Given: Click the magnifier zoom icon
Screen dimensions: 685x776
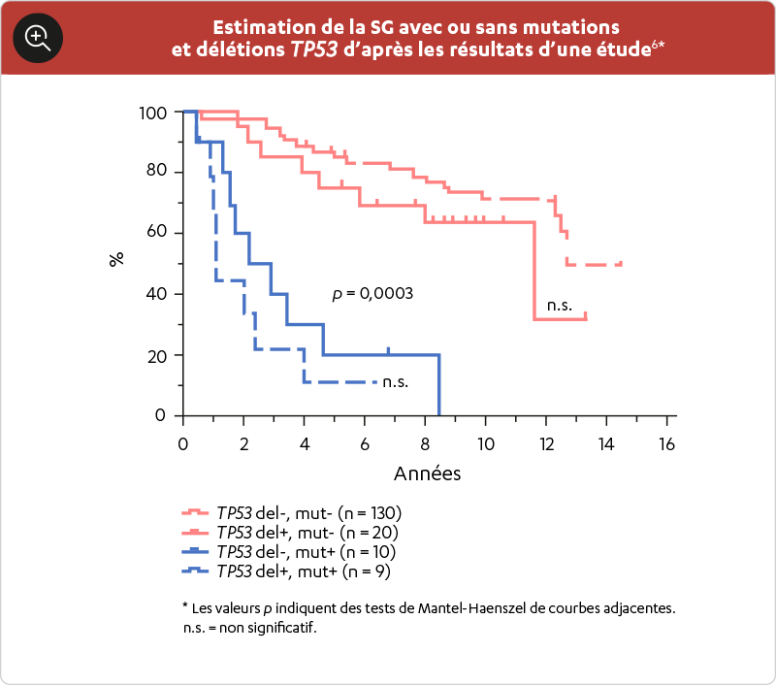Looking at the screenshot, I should click(x=38, y=38).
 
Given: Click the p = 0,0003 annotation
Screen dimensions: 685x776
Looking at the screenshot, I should click(x=373, y=293).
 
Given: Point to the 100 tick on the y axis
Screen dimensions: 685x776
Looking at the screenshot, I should click(x=153, y=113).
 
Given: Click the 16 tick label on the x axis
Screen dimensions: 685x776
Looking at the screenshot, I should click(x=667, y=444).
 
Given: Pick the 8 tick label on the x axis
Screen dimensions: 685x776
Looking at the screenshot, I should click(x=425, y=444).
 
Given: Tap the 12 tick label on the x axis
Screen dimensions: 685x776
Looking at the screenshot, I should click(x=546, y=444).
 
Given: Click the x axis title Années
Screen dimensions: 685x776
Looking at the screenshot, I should click(x=427, y=474).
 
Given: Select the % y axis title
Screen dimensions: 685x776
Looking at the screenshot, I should click(x=117, y=260).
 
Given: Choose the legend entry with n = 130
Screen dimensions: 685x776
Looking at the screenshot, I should click(x=308, y=512).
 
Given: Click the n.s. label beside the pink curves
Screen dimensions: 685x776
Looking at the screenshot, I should click(x=560, y=306).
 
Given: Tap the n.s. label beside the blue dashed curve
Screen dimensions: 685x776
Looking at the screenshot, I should click(x=395, y=381).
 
